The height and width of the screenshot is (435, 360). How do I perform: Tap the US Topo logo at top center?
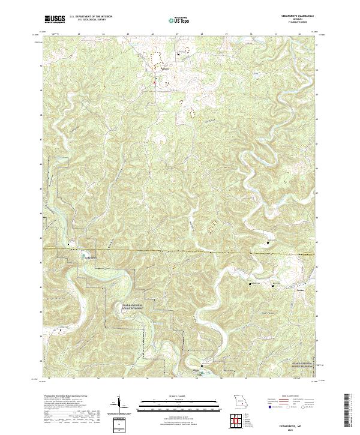179,20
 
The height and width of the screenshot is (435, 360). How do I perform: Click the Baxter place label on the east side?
301,289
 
